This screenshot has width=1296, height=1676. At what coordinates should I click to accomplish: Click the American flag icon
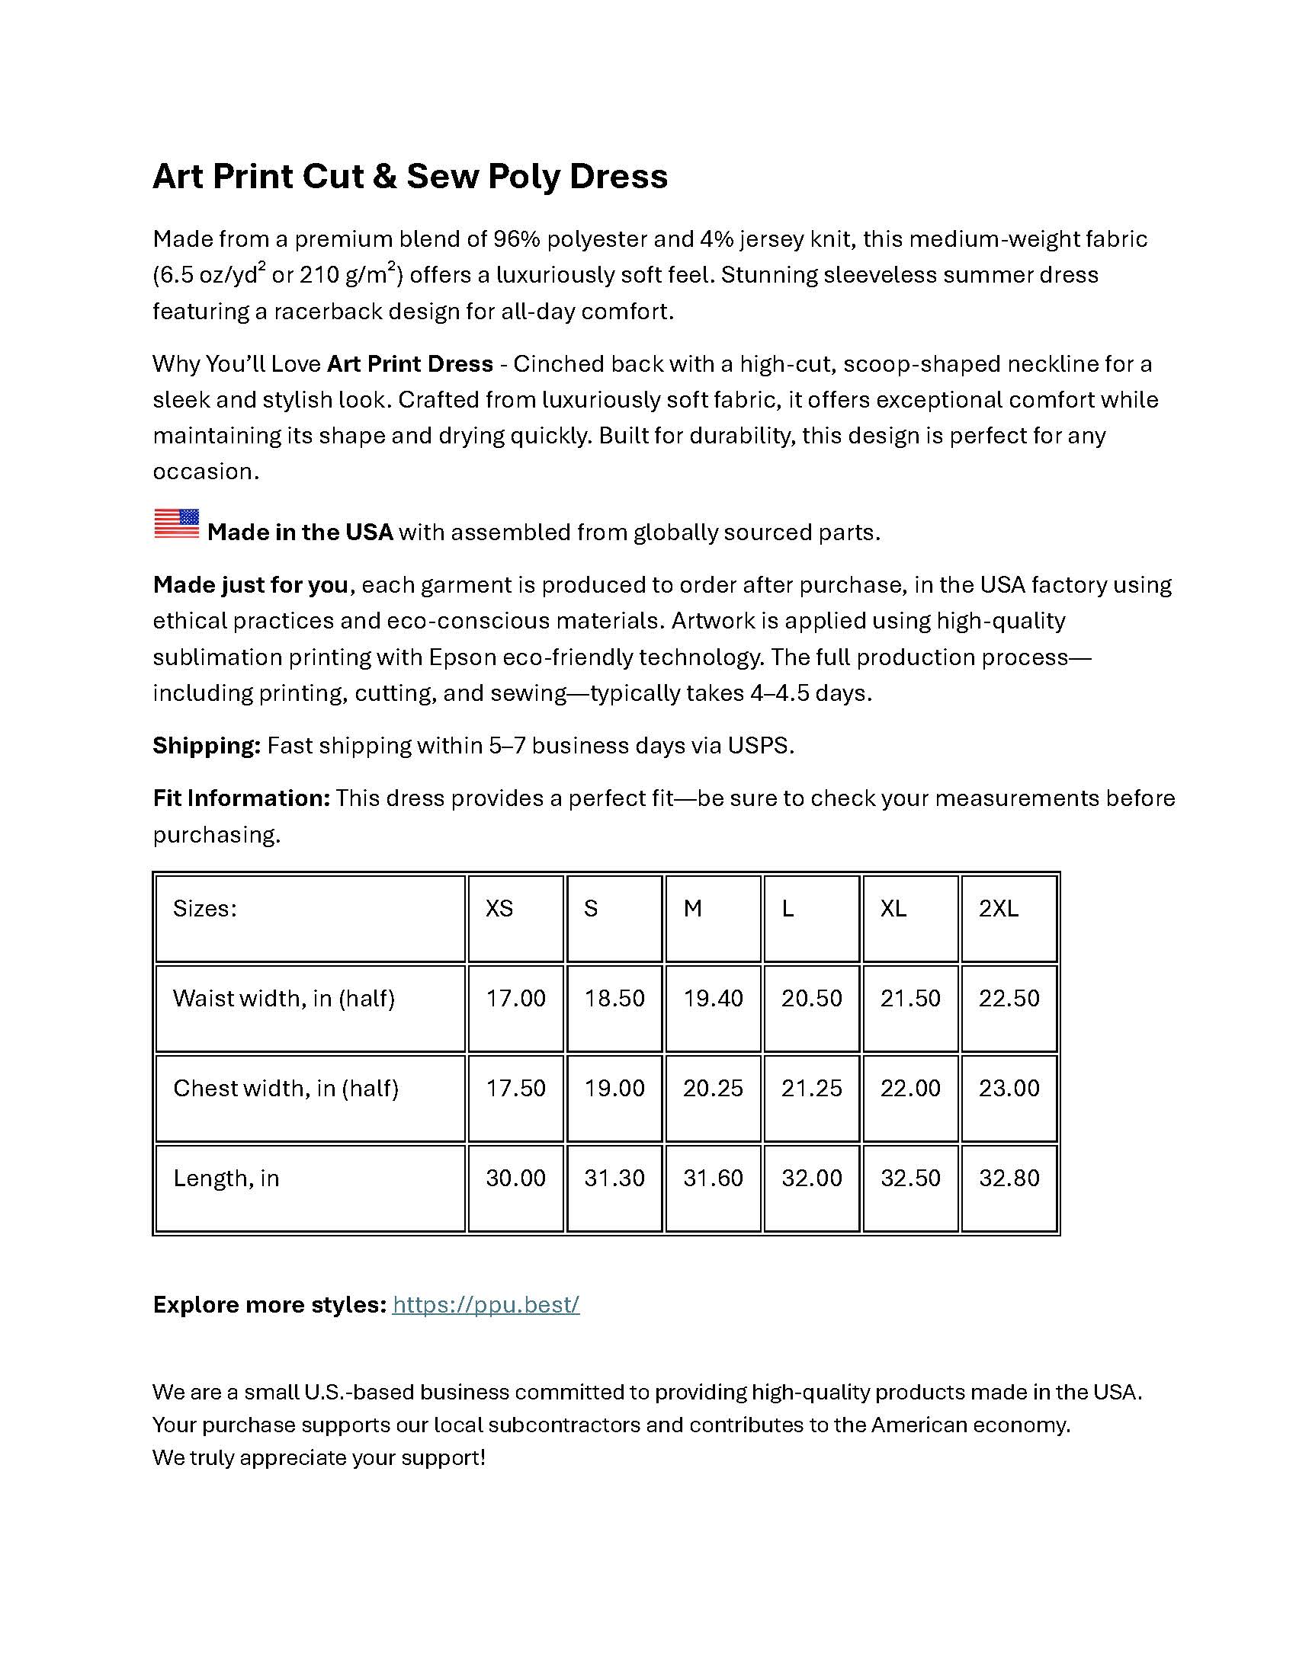[x=177, y=523]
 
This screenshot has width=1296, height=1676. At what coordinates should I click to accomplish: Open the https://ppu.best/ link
[x=485, y=1304]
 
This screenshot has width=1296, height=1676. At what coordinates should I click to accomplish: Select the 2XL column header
[x=998, y=909]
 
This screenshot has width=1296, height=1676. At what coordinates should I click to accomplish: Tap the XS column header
[x=499, y=909]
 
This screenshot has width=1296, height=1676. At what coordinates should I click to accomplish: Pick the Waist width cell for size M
[x=713, y=999]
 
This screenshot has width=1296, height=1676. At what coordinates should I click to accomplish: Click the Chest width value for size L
[x=812, y=1088]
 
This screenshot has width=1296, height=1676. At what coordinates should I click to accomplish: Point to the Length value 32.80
[x=1009, y=1178]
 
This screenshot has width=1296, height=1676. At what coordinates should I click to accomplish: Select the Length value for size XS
[x=515, y=1178]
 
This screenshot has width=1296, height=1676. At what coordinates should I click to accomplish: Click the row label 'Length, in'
[x=226, y=1178]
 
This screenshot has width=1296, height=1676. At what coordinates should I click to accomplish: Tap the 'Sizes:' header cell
[x=204, y=909]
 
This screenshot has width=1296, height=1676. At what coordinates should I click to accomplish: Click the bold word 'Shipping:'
[x=207, y=746]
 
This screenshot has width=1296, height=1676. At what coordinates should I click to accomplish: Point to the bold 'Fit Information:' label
[x=241, y=798]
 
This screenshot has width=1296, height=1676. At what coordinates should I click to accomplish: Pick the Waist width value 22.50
[x=1009, y=999]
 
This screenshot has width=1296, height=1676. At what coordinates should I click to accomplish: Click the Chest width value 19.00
[x=614, y=1088]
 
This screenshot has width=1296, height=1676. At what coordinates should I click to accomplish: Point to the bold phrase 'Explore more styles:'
[x=268, y=1304]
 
